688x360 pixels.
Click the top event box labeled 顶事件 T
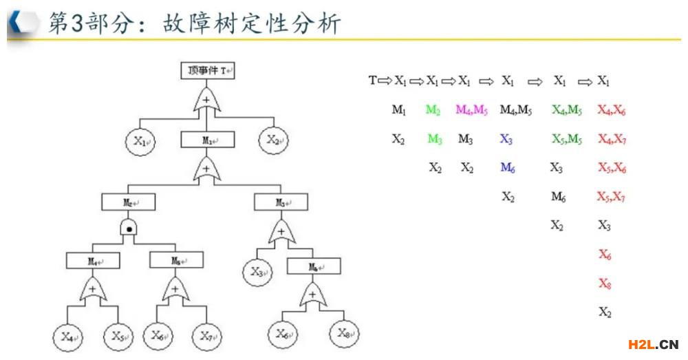(208, 70)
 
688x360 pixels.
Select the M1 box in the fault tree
(208, 140)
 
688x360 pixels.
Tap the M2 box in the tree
(129, 202)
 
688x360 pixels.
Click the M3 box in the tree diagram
(281, 202)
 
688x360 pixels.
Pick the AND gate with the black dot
(129, 229)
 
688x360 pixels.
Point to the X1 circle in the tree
(142, 142)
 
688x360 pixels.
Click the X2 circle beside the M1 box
(274, 141)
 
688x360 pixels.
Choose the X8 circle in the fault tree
(345, 334)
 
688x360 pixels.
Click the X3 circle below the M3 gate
(258, 271)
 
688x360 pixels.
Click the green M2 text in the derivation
(433, 110)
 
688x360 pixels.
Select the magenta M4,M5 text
(471, 110)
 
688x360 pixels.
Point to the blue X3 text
(506, 139)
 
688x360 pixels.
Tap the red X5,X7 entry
(611, 197)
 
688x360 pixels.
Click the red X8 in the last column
(605, 284)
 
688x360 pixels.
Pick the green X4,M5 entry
(567, 110)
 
